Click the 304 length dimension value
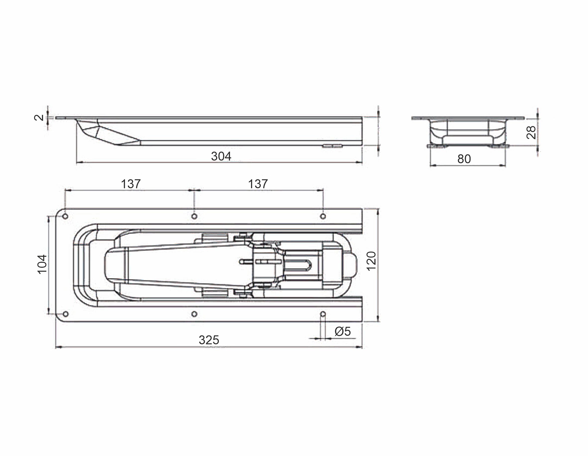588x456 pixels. coord(221,156)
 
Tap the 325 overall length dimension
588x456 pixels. coord(209,340)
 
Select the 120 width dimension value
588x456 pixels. coord(372,261)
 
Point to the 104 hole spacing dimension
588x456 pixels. coord(42,264)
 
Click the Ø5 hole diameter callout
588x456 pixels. coord(343,331)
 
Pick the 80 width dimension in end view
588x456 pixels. coord(464,159)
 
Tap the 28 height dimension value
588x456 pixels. coord(531,132)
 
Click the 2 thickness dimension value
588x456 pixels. coord(39,118)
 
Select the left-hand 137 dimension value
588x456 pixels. coord(131,184)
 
